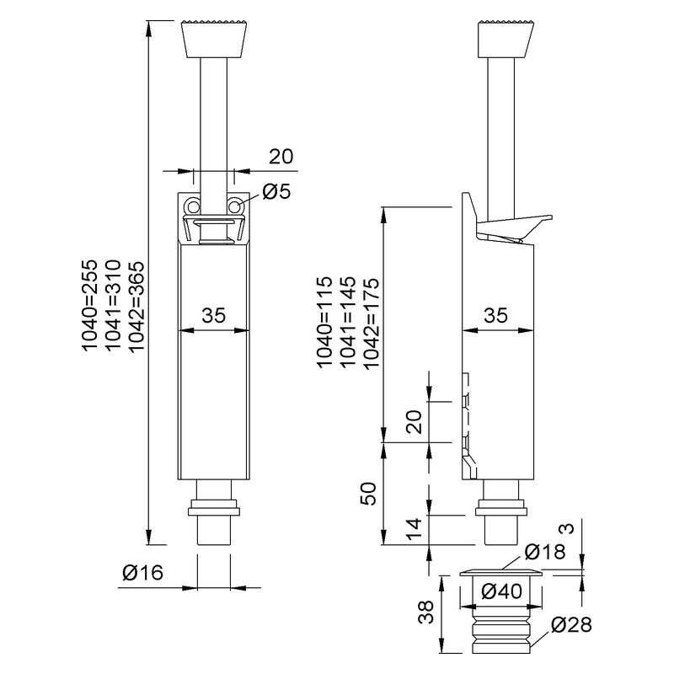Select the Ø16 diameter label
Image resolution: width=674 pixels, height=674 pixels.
[x=142, y=572]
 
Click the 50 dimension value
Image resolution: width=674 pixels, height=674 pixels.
[x=367, y=494]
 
